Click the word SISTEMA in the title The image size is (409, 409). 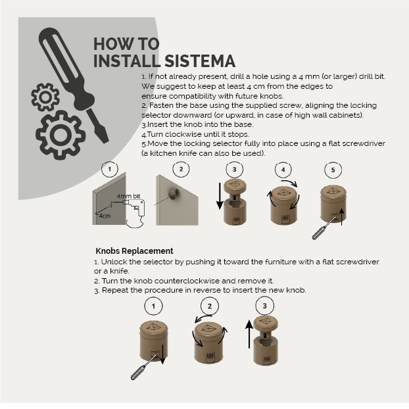(x=200, y=61)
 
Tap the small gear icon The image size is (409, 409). (x=45, y=97)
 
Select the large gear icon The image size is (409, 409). (x=60, y=135)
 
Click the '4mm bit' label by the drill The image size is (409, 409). (x=128, y=196)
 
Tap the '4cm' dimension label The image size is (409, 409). (x=105, y=216)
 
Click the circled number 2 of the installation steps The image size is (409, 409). (x=181, y=169)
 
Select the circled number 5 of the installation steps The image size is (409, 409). (x=333, y=170)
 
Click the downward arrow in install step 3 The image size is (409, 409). (x=220, y=196)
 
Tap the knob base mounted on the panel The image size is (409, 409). (x=174, y=195)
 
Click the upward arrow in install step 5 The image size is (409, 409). (x=342, y=217)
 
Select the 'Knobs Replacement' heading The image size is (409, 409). (x=134, y=251)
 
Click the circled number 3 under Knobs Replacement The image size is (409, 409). (x=265, y=306)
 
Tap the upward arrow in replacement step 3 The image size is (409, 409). (x=249, y=334)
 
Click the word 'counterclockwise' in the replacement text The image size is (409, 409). (x=187, y=281)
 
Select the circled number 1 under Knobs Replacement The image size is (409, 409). (x=153, y=306)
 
